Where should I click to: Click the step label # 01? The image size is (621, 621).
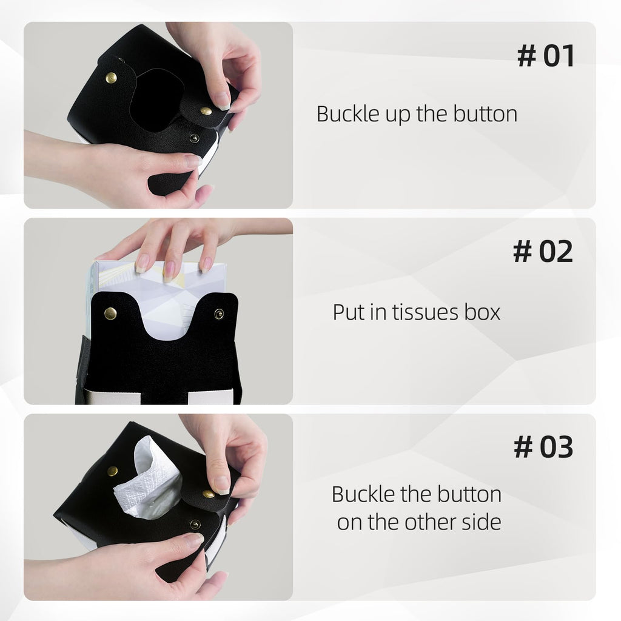546,56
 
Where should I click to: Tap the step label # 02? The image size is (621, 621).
543,251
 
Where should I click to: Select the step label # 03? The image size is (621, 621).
543,447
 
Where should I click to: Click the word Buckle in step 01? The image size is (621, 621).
348,114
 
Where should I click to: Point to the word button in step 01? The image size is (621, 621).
485,114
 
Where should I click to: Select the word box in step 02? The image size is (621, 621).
482,312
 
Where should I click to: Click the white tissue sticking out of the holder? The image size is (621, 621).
149,479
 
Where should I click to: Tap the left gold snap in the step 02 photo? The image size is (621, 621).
110,314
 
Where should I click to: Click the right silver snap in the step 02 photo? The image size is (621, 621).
218,314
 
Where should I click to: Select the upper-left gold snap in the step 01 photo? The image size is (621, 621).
112,78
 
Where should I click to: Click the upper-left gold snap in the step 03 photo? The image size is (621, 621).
112,471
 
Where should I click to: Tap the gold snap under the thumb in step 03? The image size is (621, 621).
209,494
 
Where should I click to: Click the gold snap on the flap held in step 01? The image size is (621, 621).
206,111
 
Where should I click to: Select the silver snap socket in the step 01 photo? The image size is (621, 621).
194,138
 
